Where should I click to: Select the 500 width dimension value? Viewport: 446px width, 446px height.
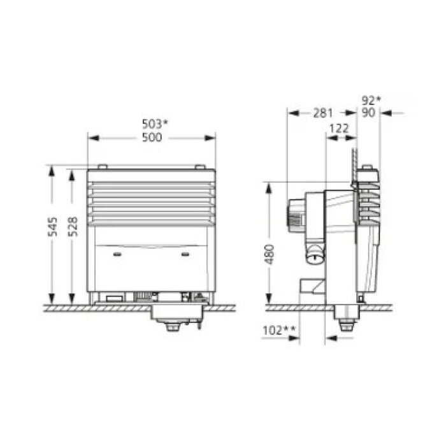pos(152,137)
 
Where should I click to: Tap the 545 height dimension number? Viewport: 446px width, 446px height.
pos(53,227)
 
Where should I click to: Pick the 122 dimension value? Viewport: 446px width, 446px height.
pos(339,128)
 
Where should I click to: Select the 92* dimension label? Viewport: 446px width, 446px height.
pos(371,100)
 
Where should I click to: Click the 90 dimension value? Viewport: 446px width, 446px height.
pos(369,113)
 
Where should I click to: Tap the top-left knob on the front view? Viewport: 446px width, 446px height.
pos(104,168)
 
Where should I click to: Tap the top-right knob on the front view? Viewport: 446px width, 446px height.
pos(199,168)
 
